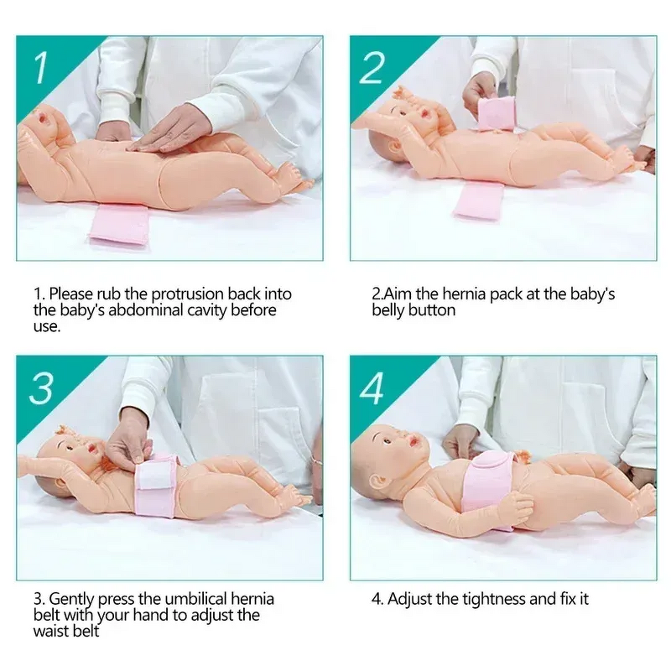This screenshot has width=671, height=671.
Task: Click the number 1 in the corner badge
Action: pyautogui.click(x=39, y=66)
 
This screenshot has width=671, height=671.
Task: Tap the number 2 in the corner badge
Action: pyautogui.click(x=372, y=67)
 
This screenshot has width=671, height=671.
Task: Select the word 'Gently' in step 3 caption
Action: pyautogui.click(x=71, y=600)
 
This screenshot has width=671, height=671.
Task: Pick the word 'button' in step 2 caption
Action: pyautogui.click(x=434, y=310)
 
